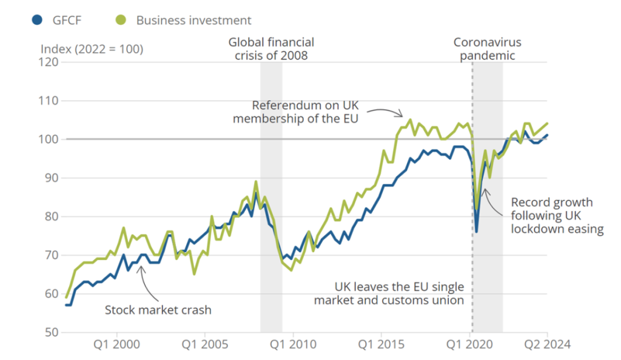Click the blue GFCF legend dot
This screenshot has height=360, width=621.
[x=38, y=20]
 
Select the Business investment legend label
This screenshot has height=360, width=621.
[x=193, y=20]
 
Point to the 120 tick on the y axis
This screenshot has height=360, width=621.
[x=50, y=62]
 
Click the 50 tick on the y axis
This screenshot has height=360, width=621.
[x=50, y=332]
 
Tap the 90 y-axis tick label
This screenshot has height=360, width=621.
[x=50, y=178]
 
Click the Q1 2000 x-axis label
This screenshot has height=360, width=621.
[x=117, y=345]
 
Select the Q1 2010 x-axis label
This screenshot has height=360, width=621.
[x=294, y=345]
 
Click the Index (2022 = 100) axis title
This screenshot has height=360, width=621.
[x=92, y=49]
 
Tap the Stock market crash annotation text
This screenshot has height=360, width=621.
[x=158, y=310]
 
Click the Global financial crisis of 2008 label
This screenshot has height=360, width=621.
[x=271, y=48]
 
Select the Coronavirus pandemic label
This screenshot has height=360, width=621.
[x=487, y=48]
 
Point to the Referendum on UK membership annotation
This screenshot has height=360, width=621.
[x=296, y=111]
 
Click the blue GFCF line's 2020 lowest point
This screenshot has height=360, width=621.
[x=477, y=232]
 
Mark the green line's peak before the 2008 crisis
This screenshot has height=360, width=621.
[x=255, y=181]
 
